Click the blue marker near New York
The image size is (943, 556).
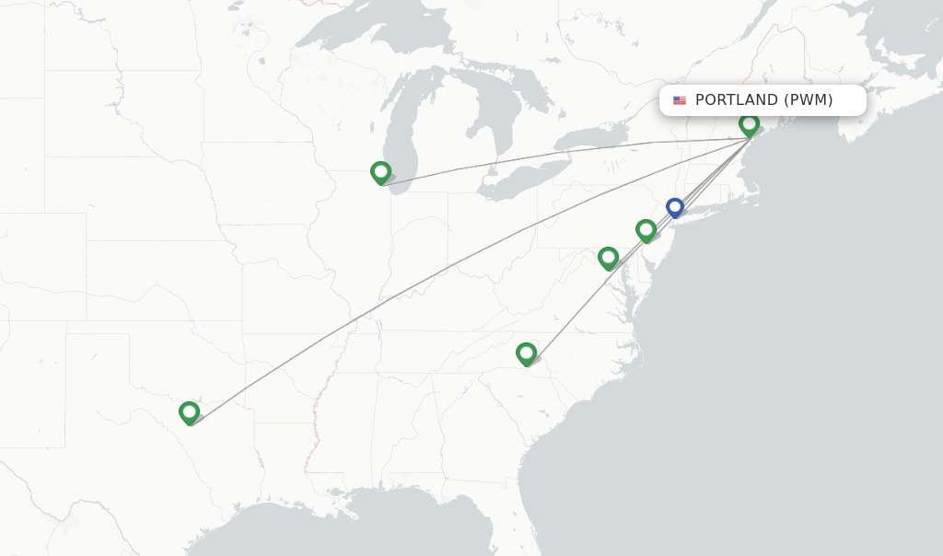[x=675, y=208]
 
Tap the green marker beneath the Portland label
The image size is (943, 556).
[x=749, y=123]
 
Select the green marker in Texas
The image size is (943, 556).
[x=190, y=411]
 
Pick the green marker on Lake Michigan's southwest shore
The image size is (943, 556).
[x=380, y=172]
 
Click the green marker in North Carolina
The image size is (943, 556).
[x=526, y=353]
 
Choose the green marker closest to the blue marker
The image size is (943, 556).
[x=646, y=229]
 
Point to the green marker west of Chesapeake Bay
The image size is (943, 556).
[x=608, y=258]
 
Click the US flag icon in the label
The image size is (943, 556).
[x=680, y=100]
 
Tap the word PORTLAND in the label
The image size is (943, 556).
[x=737, y=100]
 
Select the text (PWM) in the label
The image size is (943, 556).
[x=808, y=100]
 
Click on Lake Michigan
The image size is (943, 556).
[x=405, y=129]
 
